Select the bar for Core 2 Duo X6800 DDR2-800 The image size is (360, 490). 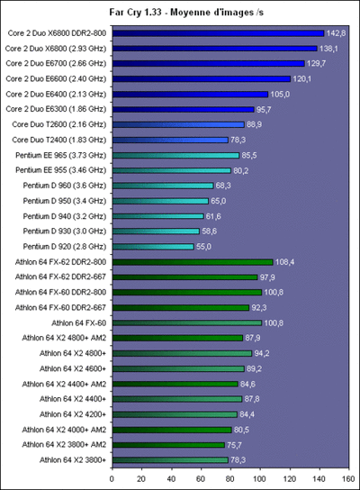pyautogui.click(x=217, y=32)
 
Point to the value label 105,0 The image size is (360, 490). pyautogui.click(x=281, y=94)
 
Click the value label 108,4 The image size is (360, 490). pyautogui.click(x=285, y=262)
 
